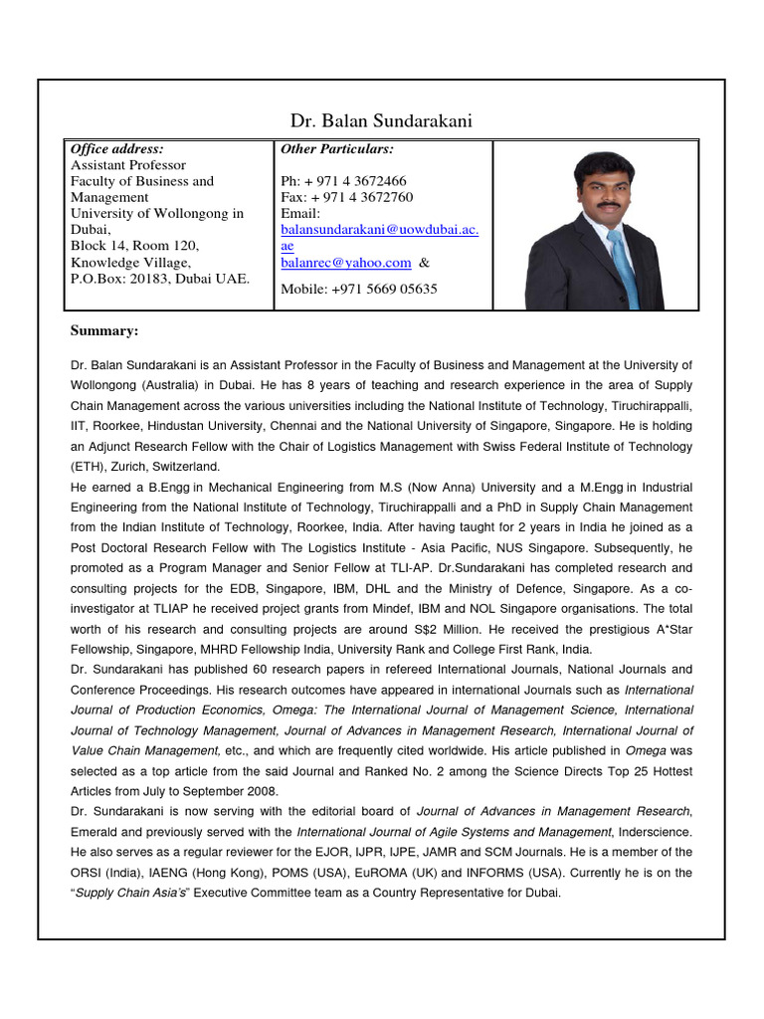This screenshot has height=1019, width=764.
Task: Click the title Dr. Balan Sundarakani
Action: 382,121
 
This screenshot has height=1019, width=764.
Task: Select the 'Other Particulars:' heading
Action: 337,148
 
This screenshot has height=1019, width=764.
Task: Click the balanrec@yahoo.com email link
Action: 346,263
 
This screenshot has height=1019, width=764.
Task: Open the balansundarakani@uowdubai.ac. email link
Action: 380,230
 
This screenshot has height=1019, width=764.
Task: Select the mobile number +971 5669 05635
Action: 359,290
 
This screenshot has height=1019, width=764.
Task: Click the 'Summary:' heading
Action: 104,330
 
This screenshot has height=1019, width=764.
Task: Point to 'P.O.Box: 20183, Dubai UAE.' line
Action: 160,279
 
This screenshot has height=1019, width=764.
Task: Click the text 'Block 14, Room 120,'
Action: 135,246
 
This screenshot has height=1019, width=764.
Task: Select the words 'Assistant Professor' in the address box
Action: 128,165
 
